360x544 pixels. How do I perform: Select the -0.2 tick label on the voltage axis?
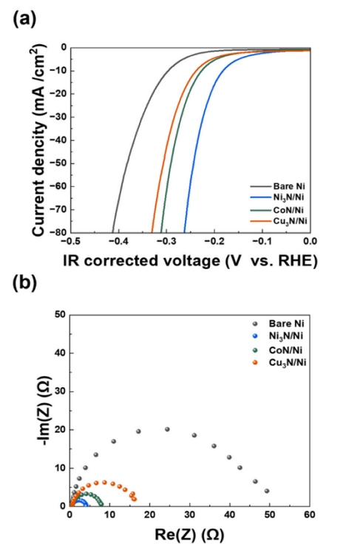(x=214, y=242)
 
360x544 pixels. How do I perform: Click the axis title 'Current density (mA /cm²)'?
(x=38, y=139)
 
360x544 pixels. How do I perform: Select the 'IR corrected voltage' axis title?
(x=190, y=259)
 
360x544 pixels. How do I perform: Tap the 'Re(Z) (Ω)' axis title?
(x=190, y=533)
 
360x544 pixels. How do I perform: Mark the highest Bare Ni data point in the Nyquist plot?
(x=167, y=429)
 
